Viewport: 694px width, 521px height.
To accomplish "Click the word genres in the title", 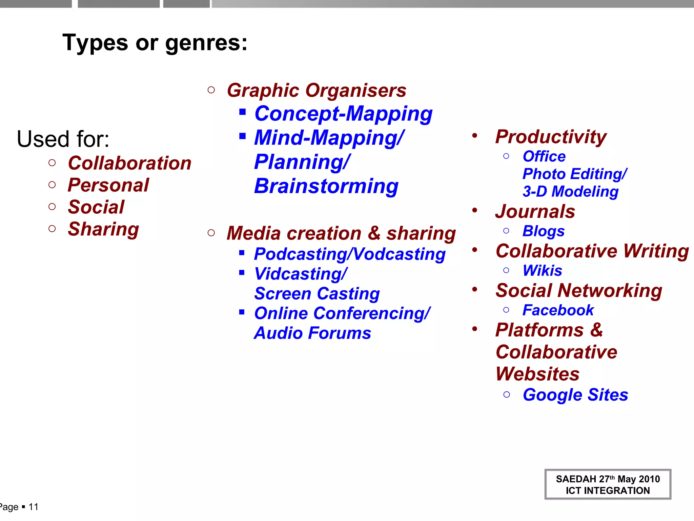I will (x=206, y=43).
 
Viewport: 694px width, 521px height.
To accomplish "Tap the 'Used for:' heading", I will (x=63, y=139).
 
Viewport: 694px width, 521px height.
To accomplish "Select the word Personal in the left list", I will (x=108, y=185).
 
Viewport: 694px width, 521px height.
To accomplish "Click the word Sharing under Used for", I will (x=103, y=229).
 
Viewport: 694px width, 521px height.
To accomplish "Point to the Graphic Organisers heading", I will (x=317, y=91).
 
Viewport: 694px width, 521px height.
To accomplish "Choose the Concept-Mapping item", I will (x=343, y=114).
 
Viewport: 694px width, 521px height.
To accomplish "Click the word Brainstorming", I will (x=326, y=186).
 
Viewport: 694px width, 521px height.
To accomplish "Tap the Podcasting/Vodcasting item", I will (x=350, y=254).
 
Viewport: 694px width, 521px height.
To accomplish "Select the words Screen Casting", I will (x=317, y=294).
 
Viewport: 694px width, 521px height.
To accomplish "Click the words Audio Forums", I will (x=312, y=333).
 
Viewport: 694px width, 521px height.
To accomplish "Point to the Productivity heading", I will (x=551, y=137).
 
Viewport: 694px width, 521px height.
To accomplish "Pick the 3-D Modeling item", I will (x=571, y=192).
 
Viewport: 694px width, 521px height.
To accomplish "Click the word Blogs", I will (x=544, y=231).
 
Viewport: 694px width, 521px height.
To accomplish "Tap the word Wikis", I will (x=542, y=271).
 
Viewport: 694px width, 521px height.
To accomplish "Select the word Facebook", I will (x=558, y=310).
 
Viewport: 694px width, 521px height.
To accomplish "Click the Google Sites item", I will (x=575, y=395).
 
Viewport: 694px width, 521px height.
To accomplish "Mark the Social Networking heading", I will (x=579, y=291).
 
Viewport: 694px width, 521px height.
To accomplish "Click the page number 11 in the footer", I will (x=34, y=507).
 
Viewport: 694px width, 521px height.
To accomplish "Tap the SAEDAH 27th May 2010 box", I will (x=608, y=484).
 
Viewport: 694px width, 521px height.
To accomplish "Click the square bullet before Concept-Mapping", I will (x=242, y=112).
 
